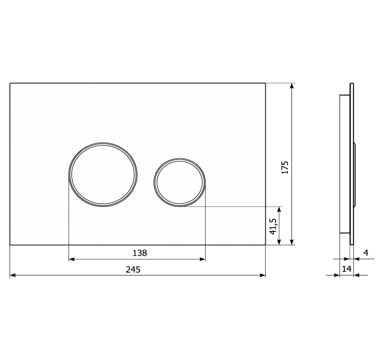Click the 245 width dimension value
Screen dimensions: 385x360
(x=133, y=269)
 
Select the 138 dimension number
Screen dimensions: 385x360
(x=140, y=253)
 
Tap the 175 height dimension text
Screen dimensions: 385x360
(x=285, y=167)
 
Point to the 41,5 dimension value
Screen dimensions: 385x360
(x=273, y=226)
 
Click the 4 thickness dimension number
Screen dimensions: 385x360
(x=366, y=252)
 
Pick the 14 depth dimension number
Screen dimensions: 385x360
(x=347, y=269)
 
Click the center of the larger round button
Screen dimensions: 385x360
(x=103, y=174)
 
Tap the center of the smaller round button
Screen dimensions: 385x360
(x=179, y=182)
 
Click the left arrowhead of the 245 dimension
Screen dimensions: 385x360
(x=13, y=275)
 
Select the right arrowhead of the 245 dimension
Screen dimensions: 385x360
(x=263, y=275)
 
